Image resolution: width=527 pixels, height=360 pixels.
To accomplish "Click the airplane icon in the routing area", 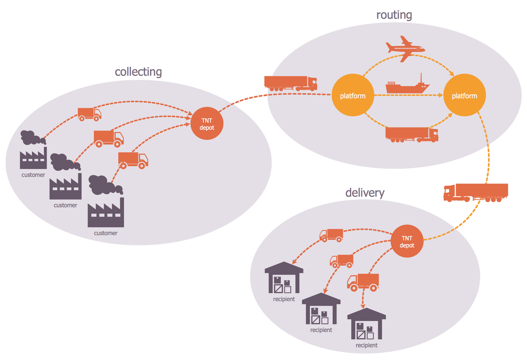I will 405,49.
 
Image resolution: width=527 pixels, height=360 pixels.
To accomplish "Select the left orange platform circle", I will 353,95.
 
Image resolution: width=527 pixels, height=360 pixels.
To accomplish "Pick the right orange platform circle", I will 464,95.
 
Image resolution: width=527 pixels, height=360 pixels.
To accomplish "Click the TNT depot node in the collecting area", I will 207,123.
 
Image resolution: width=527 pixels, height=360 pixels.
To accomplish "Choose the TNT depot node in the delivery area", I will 407,241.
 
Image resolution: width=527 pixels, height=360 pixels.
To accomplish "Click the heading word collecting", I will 138,71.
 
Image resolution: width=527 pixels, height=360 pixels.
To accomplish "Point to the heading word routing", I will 394,15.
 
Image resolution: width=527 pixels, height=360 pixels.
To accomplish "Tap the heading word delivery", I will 365,192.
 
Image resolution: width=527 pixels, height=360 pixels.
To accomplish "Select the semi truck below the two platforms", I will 412,134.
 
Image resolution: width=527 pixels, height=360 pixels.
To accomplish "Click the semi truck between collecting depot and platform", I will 291,83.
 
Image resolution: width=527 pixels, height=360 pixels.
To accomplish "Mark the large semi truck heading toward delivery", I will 476,192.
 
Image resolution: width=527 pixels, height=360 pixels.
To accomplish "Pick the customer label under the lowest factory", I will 105,233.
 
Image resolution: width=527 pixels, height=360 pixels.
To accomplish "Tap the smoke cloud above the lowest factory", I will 104,185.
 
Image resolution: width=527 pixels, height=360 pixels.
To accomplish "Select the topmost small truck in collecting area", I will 89,114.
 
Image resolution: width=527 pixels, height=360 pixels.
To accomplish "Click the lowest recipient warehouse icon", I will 366,324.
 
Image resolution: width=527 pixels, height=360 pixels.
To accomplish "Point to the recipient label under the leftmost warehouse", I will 284,299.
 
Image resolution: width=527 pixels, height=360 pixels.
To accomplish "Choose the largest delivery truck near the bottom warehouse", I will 363,282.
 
